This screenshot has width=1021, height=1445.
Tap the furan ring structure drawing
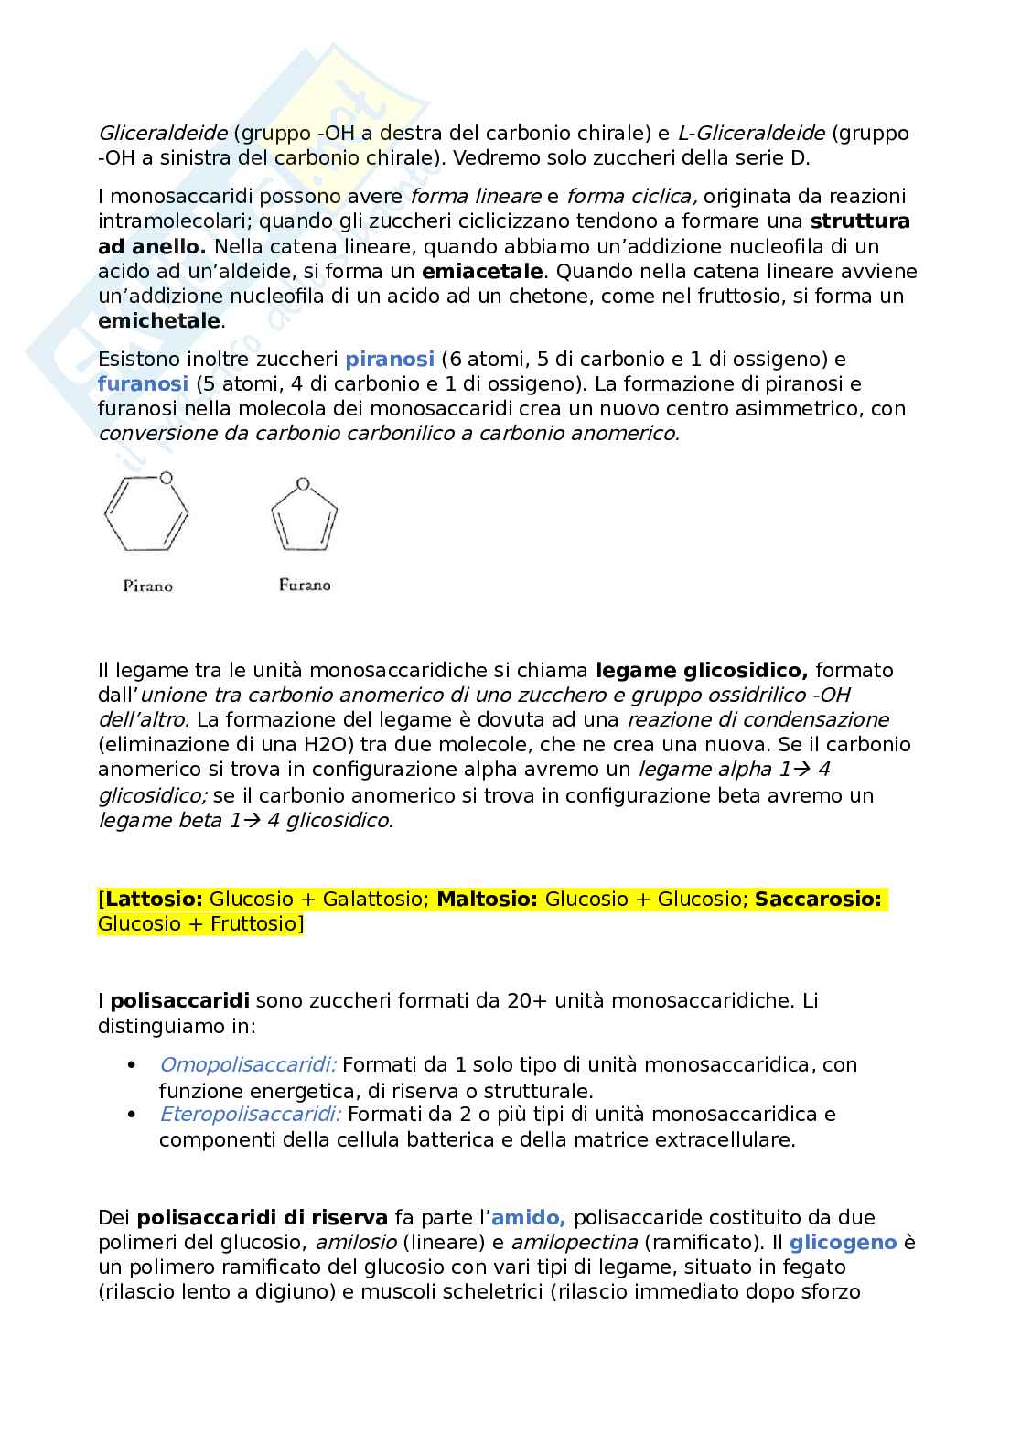[304, 518]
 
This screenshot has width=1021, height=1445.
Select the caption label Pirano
[147, 586]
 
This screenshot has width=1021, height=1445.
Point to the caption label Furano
[305, 585]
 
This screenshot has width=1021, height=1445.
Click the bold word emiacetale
[482, 271]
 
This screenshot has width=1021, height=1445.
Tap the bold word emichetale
[158, 320]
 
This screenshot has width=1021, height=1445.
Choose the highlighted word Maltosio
[487, 899]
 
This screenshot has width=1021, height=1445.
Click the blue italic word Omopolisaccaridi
[248, 1064]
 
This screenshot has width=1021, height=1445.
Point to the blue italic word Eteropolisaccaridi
[251, 1114]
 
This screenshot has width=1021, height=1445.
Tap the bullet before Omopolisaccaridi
[133, 1065]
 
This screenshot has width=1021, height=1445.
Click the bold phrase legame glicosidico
[701, 670]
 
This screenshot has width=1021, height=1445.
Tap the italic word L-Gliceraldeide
[751, 133]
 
